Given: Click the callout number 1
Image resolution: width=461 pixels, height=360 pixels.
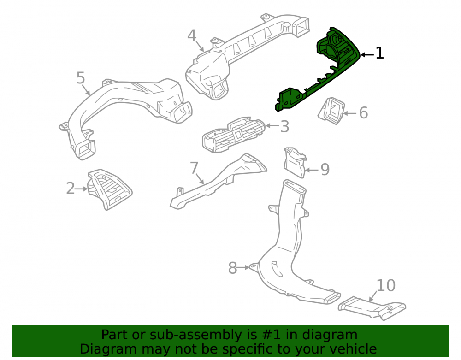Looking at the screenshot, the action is tap(379, 53).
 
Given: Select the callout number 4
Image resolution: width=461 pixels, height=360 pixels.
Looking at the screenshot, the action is tap(192, 35).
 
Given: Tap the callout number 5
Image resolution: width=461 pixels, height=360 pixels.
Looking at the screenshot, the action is tap(81, 78).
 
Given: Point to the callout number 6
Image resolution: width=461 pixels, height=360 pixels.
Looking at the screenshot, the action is tap(363, 113).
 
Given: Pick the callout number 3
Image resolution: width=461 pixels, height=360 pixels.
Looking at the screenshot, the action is tap(284, 126).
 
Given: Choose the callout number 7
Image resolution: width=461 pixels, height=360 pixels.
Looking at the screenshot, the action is tap(195, 168).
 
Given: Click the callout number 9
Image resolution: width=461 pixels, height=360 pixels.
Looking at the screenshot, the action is tap(325, 169).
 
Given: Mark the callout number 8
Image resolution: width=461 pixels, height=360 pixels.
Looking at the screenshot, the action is tap(232, 268).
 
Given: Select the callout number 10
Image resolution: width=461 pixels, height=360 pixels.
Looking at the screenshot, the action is tap(386, 285).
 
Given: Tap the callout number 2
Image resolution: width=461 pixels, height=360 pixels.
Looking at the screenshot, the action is tap(71, 188).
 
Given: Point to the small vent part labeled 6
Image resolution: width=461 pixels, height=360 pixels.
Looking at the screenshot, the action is tap(331, 111).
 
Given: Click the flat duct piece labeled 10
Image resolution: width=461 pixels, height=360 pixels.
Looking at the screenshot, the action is tap(372, 308).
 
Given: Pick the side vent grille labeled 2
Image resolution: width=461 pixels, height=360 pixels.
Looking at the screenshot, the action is tap(109, 189).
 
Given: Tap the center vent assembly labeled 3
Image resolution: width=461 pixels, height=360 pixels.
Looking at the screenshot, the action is tap(234, 135).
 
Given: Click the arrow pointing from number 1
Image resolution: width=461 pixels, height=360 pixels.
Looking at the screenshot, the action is tap(367, 55).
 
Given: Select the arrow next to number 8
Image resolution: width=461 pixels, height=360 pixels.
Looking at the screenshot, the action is tap(243, 268).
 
